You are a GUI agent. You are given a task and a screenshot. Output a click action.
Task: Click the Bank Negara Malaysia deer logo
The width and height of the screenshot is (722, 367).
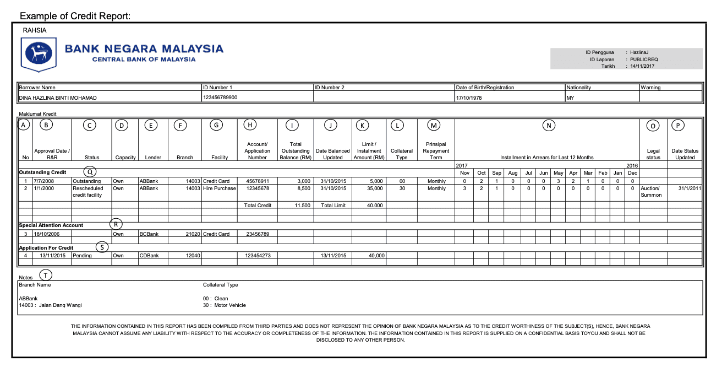[x=39, y=53]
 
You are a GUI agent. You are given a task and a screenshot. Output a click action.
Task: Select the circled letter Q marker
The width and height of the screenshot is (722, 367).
[x=90, y=172]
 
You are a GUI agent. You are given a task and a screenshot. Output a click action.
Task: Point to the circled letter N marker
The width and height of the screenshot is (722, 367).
[x=548, y=126]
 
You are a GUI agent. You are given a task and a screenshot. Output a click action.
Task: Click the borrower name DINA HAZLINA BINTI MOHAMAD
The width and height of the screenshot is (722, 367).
[x=58, y=98]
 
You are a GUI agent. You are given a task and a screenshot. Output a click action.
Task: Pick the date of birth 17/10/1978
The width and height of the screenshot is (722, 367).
[x=468, y=98]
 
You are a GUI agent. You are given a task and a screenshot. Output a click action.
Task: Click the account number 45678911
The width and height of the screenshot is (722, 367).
[x=257, y=181]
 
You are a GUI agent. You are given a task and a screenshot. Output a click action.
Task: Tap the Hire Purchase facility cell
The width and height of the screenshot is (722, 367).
[x=219, y=188]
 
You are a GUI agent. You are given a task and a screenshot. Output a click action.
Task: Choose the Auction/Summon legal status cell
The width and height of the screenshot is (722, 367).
[x=653, y=192]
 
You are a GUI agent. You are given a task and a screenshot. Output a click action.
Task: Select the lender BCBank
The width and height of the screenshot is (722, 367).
[x=149, y=234]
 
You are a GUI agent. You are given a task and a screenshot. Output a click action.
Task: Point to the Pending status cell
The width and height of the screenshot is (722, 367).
[x=83, y=256]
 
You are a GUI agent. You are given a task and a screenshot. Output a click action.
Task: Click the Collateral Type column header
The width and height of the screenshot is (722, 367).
[x=401, y=154]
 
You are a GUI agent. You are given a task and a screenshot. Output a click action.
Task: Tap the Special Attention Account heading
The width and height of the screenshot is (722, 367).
[x=51, y=225]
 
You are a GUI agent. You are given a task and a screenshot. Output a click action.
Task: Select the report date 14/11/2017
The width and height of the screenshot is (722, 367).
[x=643, y=66]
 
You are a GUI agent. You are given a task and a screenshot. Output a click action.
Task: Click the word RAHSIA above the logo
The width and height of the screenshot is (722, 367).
[x=35, y=30]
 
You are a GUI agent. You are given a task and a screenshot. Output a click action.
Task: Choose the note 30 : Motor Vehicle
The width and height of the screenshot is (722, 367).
[x=225, y=305]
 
